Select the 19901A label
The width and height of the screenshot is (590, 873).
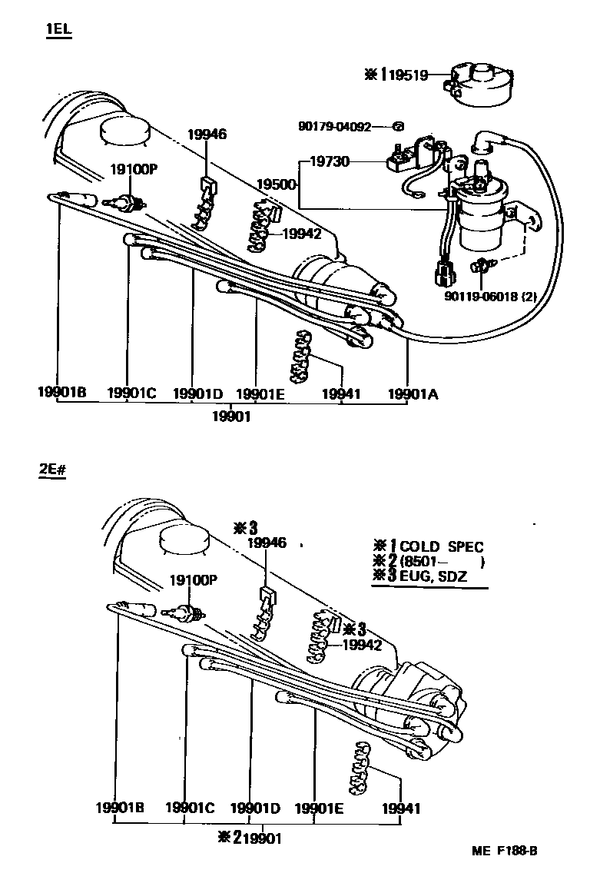[x=412, y=394]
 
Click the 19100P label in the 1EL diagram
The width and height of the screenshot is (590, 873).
[x=132, y=168]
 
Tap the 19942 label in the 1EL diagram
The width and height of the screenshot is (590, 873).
[x=301, y=234]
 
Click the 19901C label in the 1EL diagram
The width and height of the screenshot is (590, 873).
[x=131, y=394]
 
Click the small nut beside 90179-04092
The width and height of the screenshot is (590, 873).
[x=398, y=126]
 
